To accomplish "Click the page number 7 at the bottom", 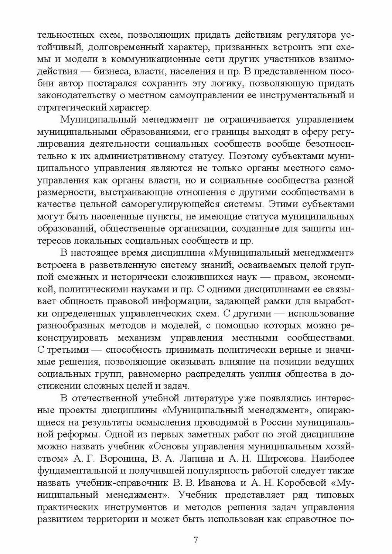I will (196, 540).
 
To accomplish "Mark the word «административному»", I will (146, 156).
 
